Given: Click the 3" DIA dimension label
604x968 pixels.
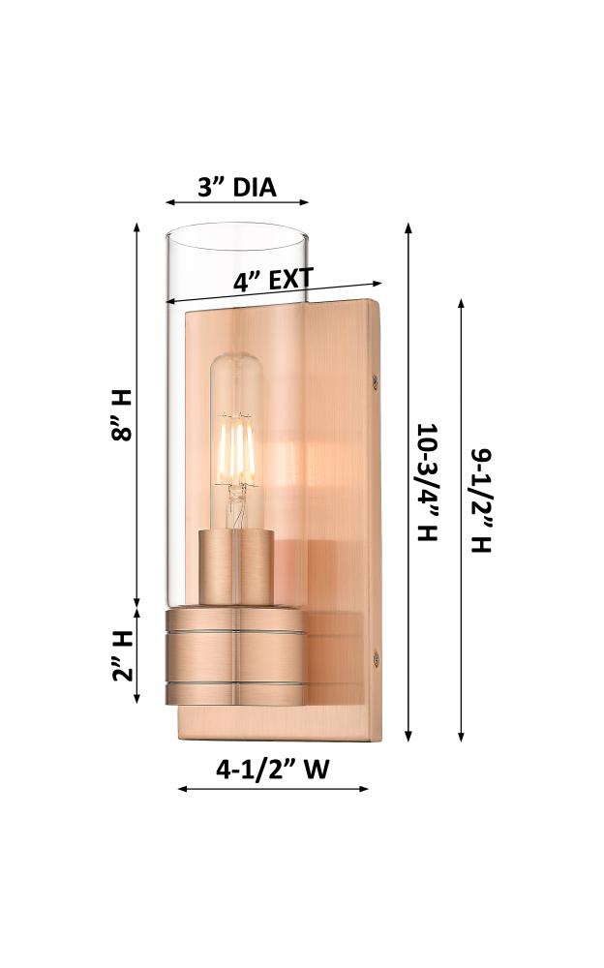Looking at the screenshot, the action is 236,187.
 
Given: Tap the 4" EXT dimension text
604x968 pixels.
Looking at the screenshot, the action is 274,280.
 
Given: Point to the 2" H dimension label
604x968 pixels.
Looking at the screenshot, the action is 122,655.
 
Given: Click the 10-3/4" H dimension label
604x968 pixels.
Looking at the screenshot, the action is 428,482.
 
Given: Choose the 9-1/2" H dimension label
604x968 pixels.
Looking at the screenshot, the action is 481,500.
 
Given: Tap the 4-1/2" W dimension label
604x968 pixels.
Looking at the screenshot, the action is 272,770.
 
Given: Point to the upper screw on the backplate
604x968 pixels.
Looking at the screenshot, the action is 375,382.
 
